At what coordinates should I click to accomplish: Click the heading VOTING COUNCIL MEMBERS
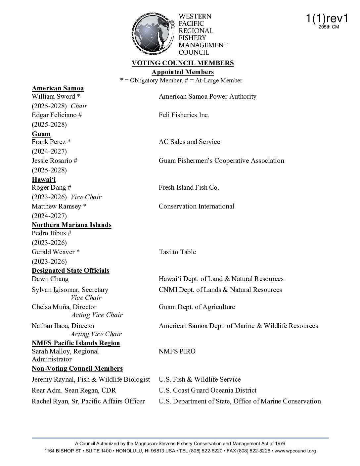[183, 63]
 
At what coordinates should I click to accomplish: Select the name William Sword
[54, 97]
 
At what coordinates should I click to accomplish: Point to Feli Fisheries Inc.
[184, 115]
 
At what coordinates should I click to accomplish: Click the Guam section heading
[41, 134]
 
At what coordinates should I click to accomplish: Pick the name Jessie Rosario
[52, 161]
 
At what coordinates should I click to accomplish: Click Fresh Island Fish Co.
[189, 188]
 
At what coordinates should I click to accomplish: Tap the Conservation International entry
[196, 207]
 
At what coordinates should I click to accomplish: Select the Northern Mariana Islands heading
[71, 225]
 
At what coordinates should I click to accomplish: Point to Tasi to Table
[177, 252]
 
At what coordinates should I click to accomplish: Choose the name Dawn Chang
[50, 279]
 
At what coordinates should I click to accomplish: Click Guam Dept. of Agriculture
[197, 307]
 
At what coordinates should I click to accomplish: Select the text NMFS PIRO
[177, 351]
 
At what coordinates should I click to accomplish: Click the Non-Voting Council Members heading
[77, 369]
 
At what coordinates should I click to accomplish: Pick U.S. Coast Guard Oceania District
[207, 391]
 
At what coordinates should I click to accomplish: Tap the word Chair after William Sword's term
[79, 106]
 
